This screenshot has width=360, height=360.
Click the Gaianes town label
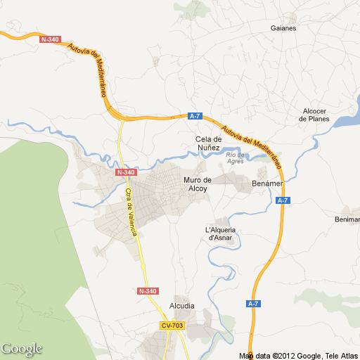(x=283, y=29)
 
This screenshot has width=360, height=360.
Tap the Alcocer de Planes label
(x=314, y=115)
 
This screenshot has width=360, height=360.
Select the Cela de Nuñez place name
(x=208, y=143)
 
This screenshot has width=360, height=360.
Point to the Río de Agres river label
(x=236, y=157)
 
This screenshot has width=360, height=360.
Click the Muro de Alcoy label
(x=198, y=185)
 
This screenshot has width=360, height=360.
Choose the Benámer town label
(x=266, y=184)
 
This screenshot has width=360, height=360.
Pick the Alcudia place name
(x=181, y=306)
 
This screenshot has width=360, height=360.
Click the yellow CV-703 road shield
(x=172, y=326)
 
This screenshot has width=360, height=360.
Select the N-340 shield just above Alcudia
(x=148, y=291)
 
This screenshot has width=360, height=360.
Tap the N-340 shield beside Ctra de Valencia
(x=126, y=172)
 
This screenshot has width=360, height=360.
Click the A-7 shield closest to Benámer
(x=283, y=201)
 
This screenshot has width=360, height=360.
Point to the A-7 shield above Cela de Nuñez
(x=195, y=116)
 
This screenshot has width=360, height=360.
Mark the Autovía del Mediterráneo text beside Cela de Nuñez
(x=250, y=146)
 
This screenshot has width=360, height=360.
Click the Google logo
(x=22, y=349)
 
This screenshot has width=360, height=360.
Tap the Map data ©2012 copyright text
(x=298, y=355)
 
